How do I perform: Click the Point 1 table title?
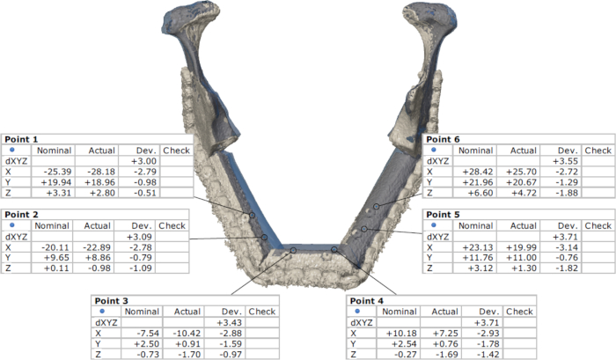(21, 140)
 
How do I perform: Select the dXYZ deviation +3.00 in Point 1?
(143, 161)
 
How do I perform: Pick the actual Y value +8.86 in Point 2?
(97, 258)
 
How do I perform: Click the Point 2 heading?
(21, 215)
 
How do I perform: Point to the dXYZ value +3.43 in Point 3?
(230, 323)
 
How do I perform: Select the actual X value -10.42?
(187, 334)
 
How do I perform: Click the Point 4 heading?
(367, 301)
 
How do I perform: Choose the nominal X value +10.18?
(401, 334)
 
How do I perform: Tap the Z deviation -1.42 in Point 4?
(488, 355)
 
